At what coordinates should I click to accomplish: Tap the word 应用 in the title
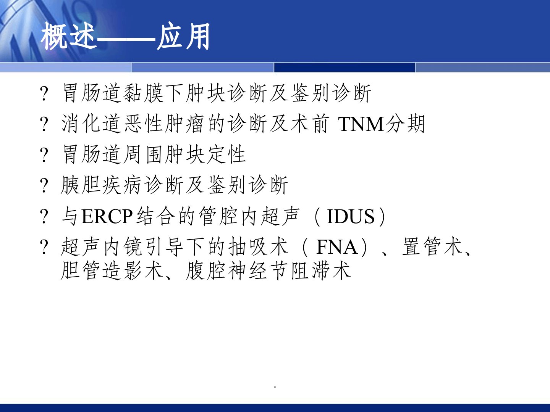click(x=183, y=37)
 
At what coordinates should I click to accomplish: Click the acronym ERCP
click(x=107, y=217)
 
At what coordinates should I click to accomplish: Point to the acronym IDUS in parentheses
click(x=351, y=217)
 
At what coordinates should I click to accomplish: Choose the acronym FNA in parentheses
click(x=337, y=247)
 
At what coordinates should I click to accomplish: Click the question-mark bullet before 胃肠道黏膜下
click(x=44, y=93)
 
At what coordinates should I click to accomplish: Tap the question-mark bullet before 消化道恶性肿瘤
click(x=44, y=124)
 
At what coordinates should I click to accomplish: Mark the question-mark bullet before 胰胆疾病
click(x=44, y=186)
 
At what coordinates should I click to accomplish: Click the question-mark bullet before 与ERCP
click(x=44, y=217)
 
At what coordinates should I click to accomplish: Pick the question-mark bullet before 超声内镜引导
click(x=44, y=247)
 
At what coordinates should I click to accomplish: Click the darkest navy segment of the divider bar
click(x=344, y=68)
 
